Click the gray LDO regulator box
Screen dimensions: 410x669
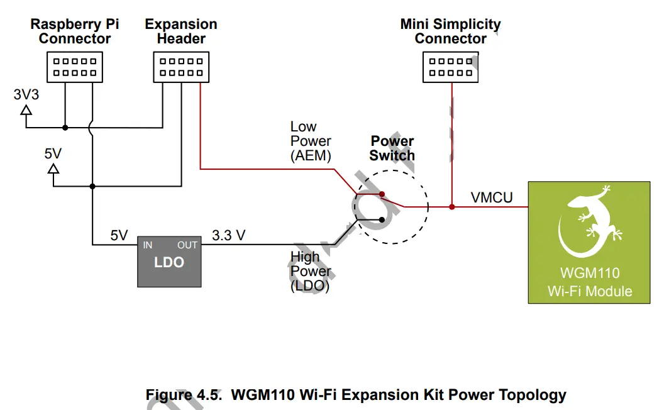169,262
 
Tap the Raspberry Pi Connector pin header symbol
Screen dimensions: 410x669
75,67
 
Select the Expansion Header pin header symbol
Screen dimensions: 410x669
181,67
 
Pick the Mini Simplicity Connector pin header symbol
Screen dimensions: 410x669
450,67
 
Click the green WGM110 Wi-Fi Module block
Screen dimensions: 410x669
589,242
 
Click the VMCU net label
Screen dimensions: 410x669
492,198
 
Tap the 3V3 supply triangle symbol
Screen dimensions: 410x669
26,110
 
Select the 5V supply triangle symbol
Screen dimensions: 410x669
53,169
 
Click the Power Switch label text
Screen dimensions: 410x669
392,148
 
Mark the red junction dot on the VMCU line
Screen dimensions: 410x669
451,206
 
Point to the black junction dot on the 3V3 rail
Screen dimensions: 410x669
65,128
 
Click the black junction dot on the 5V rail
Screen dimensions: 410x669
92,186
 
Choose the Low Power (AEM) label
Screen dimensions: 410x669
311,141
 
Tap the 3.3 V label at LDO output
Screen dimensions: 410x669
228,236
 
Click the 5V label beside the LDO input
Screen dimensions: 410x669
119,236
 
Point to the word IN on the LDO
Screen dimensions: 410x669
147,245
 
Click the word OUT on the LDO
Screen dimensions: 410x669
187,245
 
